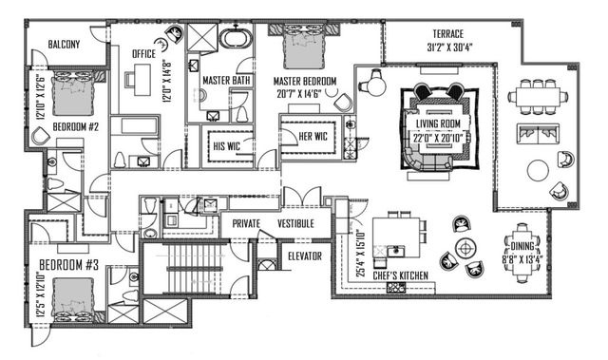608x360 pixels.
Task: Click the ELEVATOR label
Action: [x=304, y=256]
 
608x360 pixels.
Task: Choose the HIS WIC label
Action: [x=231, y=144]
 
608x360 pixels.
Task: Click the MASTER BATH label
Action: [x=227, y=81]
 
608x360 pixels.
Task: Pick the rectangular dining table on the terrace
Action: [x=538, y=95]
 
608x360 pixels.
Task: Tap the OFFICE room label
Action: [x=144, y=54]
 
